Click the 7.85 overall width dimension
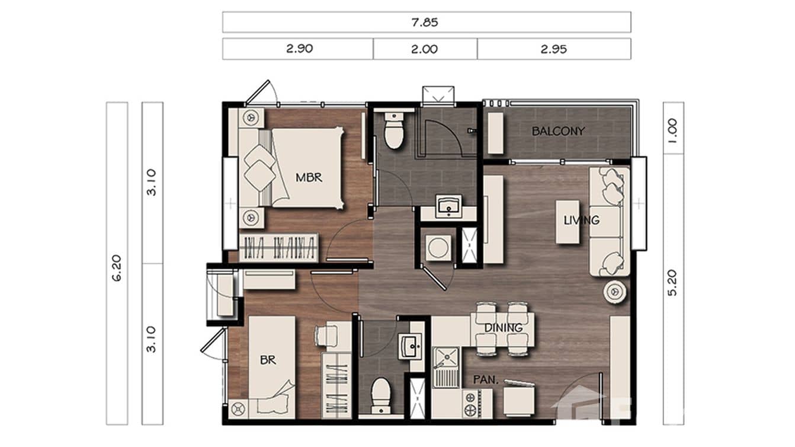pyautogui.click(x=426, y=23)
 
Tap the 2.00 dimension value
pyautogui.click(x=425, y=49)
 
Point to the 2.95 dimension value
pyautogui.click(x=553, y=49)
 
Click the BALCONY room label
pyautogui.click(x=558, y=131)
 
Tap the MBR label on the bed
pyautogui.click(x=309, y=177)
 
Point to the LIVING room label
pyautogui.click(x=581, y=220)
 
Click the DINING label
pyautogui.click(x=503, y=327)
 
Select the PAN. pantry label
pyautogui.click(x=485, y=378)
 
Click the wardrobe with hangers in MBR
pyautogui.click(x=279, y=247)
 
